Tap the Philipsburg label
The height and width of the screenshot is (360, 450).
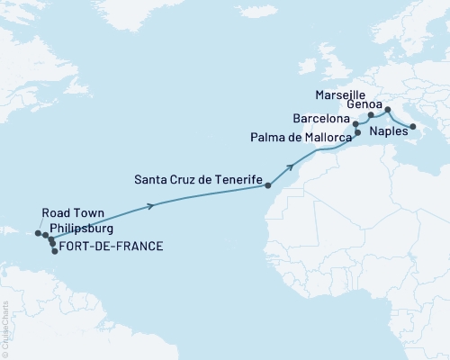83,229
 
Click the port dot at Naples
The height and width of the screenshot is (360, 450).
413,127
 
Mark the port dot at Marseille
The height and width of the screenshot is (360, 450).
371,115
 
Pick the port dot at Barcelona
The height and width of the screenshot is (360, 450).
355,123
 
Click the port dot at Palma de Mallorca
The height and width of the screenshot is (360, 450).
357,133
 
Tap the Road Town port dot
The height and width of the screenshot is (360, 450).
39,233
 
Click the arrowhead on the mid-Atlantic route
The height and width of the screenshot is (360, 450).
150,207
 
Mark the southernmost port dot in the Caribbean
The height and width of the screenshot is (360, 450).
54,251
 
